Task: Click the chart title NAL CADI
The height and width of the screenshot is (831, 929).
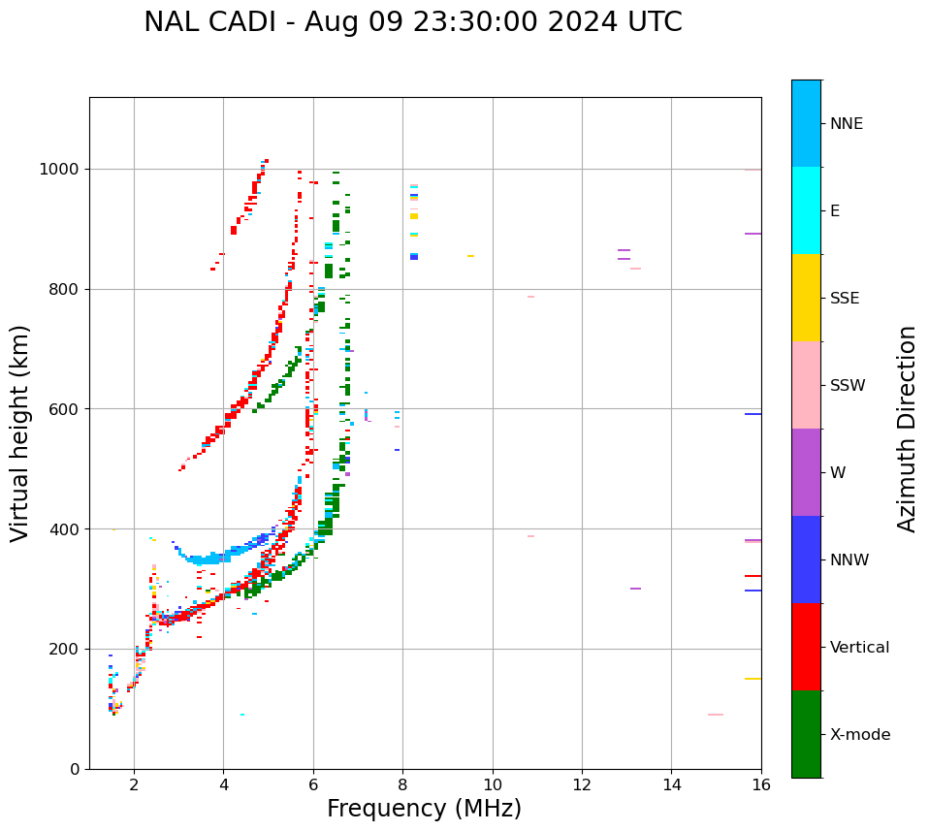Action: (x=412, y=22)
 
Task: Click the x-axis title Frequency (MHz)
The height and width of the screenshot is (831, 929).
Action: (x=424, y=809)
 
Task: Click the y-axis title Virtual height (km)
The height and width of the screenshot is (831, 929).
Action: (x=20, y=433)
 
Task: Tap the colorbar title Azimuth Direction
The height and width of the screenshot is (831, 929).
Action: (x=907, y=429)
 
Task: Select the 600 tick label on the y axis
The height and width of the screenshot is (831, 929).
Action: (x=67, y=409)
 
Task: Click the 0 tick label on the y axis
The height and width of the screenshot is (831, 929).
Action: (x=76, y=769)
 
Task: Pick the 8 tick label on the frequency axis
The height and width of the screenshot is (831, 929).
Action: (x=402, y=784)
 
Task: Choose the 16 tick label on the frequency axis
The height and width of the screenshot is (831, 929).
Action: (x=761, y=784)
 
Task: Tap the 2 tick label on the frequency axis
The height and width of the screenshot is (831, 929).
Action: (x=134, y=784)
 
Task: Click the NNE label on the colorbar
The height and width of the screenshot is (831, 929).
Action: (x=846, y=124)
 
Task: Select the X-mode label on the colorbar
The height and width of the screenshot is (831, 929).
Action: (x=859, y=735)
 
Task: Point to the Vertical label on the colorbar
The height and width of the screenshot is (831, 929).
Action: (x=859, y=648)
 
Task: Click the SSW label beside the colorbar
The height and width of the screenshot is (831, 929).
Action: (x=848, y=386)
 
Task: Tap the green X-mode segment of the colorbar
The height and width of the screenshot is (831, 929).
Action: (x=806, y=734)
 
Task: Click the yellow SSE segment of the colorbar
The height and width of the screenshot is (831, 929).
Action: (x=806, y=298)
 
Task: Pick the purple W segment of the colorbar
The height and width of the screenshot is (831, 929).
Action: (x=806, y=472)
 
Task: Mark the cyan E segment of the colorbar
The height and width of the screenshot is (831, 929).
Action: (x=806, y=210)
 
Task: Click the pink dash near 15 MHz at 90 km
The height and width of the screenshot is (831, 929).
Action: (x=715, y=715)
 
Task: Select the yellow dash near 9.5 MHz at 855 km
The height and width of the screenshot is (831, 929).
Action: (x=470, y=256)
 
